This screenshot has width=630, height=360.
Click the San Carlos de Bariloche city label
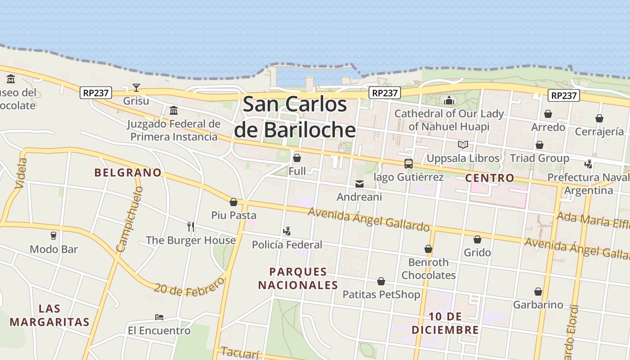coord(295,117)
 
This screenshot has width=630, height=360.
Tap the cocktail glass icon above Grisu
coord(136,87)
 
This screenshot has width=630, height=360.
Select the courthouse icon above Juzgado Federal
coord(173,110)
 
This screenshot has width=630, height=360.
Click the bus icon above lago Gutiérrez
coord(408,164)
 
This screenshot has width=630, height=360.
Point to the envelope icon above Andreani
coord(359,184)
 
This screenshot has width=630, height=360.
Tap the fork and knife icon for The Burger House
coord(191,226)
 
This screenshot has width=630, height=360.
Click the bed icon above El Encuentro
coord(159,317)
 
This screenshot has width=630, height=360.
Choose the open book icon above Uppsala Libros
coord(463,145)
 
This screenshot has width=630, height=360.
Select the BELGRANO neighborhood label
coord(128,172)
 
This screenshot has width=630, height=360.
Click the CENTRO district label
coord(490,178)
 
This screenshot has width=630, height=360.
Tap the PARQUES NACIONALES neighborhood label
coord(298,278)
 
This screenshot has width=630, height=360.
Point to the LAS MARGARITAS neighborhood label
coord(49,315)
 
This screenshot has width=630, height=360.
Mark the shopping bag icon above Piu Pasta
coord(234,202)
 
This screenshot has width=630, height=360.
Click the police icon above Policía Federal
coord(287,232)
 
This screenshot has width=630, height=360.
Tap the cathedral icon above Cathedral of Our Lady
coord(449,100)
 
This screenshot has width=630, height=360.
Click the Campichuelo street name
coord(130,219)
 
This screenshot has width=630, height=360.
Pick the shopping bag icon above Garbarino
coord(538,292)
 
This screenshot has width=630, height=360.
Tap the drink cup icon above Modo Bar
coord(54,235)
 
